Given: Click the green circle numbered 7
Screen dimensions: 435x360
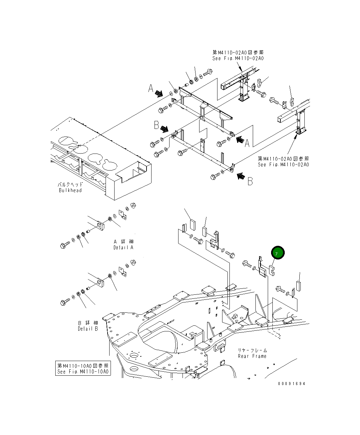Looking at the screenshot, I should (277, 253).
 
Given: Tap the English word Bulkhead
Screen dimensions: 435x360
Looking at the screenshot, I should (70, 191).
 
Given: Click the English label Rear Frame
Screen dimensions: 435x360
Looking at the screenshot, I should (252, 356).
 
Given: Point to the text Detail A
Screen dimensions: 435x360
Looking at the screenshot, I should (123, 247).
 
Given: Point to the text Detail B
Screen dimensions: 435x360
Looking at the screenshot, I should (88, 329).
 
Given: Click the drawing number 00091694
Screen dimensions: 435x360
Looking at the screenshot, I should (292, 383).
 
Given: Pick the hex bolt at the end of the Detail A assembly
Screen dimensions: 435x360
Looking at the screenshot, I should (64, 245).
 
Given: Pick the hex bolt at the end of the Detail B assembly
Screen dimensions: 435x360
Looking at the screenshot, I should (64, 302).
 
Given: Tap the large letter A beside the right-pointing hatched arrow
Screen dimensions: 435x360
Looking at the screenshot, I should (151, 88).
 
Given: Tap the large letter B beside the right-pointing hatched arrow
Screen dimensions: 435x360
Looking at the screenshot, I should (157, 125).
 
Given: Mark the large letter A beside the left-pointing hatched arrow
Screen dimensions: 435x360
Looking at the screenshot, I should (247, 143).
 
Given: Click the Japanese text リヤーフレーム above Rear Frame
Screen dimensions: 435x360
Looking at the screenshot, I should (252, 350).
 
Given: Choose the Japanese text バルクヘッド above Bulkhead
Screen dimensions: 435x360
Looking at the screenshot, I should (70, 184).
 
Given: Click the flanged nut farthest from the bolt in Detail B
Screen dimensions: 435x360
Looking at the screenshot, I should (132, 262).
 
